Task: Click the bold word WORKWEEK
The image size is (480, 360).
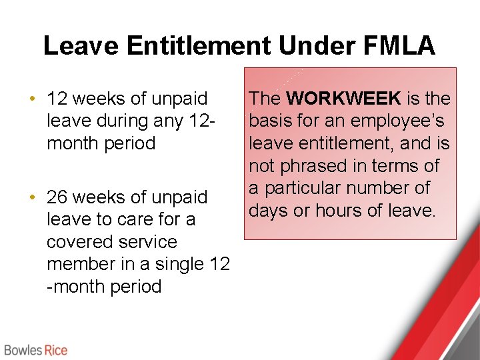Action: click(343, 99)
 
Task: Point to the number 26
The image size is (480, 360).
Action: click(57, 197)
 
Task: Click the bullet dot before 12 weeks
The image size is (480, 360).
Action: click(32, 99)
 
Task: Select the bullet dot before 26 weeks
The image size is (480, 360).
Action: click(32, 197)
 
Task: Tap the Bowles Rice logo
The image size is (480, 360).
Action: click(35, 349)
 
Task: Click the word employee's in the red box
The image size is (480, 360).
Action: click(400, 121)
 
